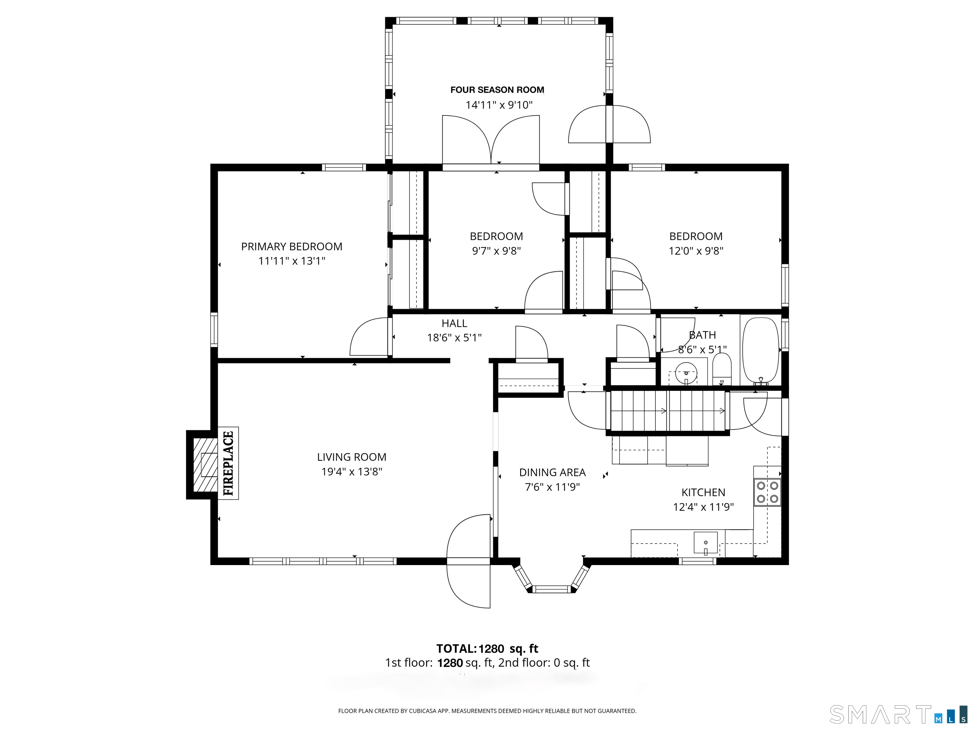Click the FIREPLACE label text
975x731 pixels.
pos(228,463)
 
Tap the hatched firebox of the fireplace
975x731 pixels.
pos(205,464)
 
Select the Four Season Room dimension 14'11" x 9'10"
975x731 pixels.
pos(499,105)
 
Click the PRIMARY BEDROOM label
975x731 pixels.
pos(291,246)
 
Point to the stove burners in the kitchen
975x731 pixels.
pos(767,492)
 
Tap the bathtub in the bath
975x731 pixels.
pos(761,350)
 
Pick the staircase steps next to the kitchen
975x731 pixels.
pos(668,411)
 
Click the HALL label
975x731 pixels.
pos(454,323)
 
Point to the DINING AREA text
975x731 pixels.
pos(552,472)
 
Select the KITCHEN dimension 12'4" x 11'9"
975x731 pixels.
pos(703,507)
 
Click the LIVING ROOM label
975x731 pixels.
pos(351,457)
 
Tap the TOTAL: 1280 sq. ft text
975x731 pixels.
pos(487,649)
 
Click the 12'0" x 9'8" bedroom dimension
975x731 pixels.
pos(696,251)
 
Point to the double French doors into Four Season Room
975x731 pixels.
pos(491,141)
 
